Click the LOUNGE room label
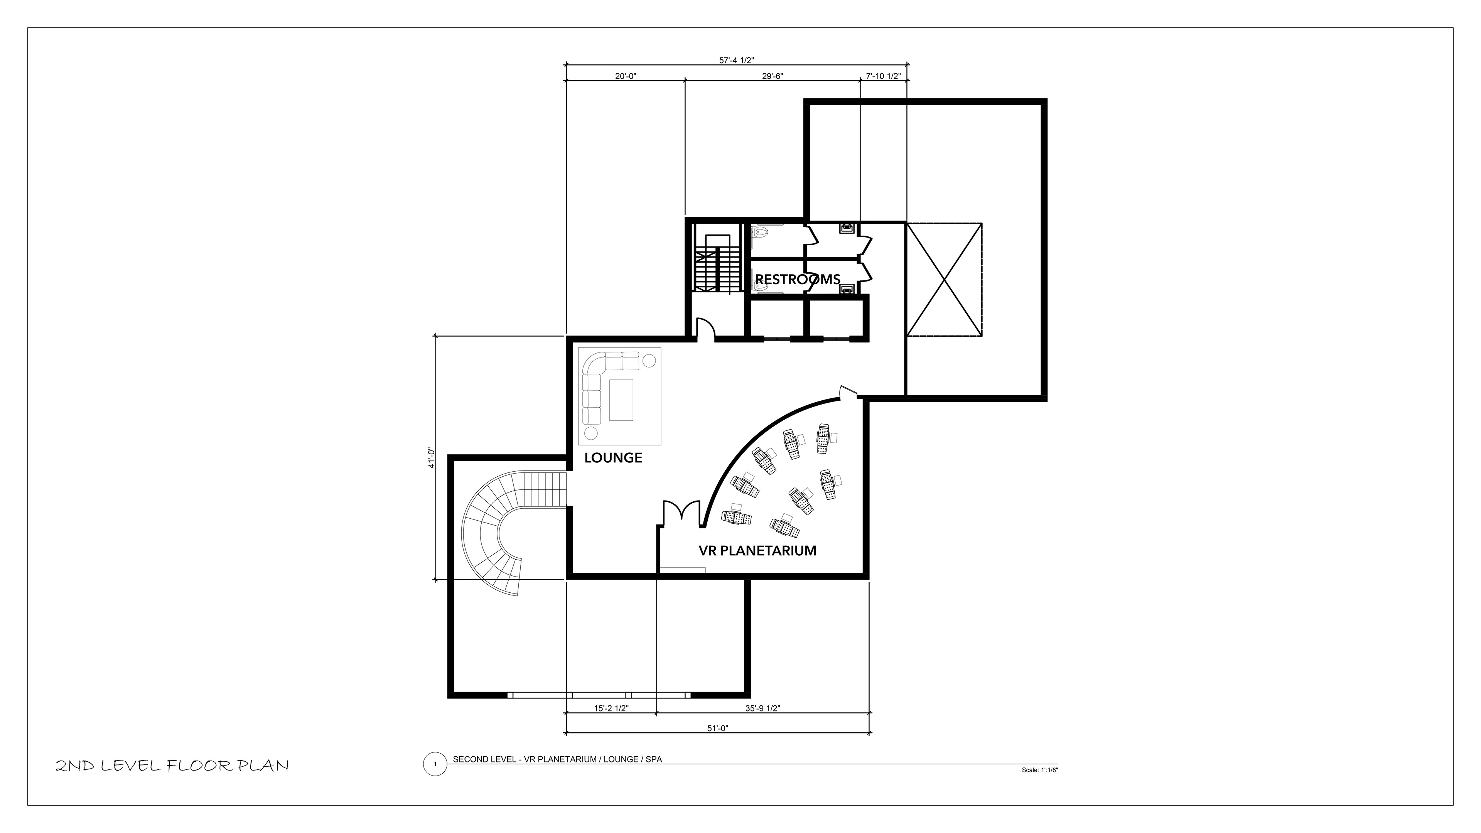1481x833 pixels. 613,458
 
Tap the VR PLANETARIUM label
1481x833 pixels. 757,551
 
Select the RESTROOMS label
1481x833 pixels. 798,279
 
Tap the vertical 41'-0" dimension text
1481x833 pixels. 431,458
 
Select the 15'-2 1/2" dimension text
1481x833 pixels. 611,709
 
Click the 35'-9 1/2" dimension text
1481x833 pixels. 762,709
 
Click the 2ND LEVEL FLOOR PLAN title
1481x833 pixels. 172,766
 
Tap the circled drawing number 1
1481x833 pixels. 435,764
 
